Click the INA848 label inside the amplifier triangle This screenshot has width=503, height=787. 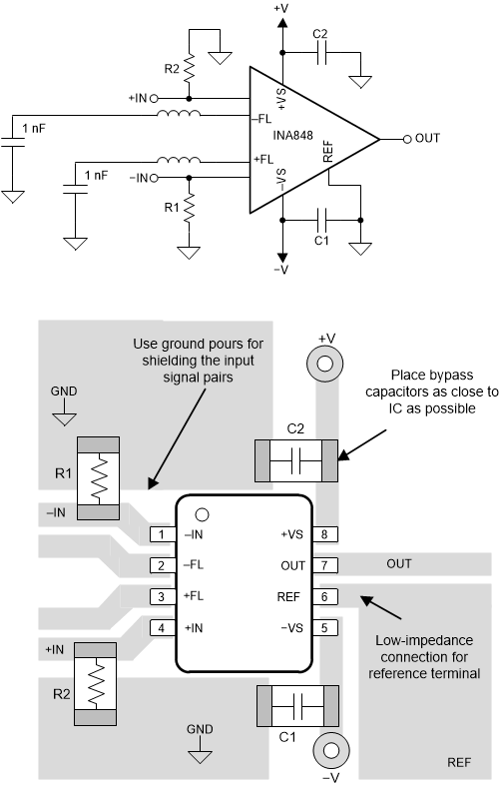tap(292, 135)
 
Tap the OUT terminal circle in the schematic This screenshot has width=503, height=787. tap(407, 139)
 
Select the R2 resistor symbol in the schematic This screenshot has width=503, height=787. tap(189, 68)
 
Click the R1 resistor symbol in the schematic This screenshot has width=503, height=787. tap(189, 209)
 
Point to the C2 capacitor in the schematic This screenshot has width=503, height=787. tap(321, 52)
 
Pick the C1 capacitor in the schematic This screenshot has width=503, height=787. tap(321, 220)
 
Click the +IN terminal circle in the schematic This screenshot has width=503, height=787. tap(154, 98)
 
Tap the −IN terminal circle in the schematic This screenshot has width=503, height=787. tap(154, 178)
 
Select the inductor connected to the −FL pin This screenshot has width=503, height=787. tap(179, 114)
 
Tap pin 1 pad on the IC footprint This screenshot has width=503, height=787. tap(162, 534)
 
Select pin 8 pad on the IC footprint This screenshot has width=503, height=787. tap(325, 534)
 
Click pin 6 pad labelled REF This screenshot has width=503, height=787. tap(325, 596)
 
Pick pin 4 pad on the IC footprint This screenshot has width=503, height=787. tap(162, 627)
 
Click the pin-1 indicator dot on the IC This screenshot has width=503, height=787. tap(202, 514)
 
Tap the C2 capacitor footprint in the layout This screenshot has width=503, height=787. tap(295, 460)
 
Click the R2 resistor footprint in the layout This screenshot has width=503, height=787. tap(95, 683)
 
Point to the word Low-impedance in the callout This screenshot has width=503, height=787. tap(424, 640)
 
